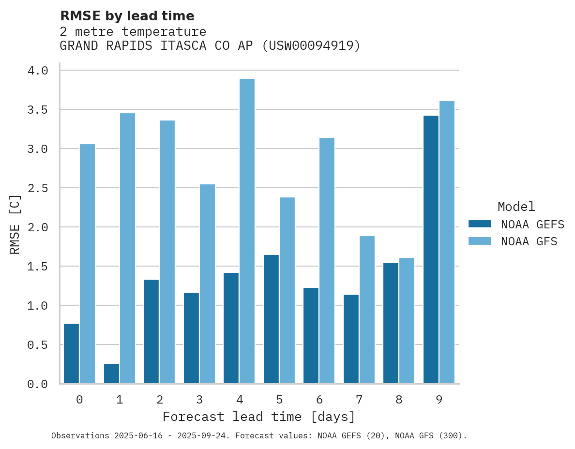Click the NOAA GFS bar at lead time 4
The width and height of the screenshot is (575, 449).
(x=247, y=231)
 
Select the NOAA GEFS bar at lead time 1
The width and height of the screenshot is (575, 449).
(x=111, y=374)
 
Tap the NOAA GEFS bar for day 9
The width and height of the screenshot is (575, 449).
(x=431, y=250)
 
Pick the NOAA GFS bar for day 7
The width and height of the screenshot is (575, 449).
(x=367, y=310)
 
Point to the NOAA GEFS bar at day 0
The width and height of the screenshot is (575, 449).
(x=71, y=353)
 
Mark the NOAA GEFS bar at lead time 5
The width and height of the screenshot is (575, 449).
(x=271, y=319)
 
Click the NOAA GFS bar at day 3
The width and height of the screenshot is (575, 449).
(x=207, y=284)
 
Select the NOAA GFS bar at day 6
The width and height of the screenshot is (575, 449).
(x=327, y=261)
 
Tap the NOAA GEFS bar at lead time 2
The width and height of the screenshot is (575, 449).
(x=151, y=331)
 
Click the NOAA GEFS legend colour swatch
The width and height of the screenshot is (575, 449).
(x=480, y=224)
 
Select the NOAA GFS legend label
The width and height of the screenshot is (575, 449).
(x=529, y=241)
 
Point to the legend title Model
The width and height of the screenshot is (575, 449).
(x=516, y=207)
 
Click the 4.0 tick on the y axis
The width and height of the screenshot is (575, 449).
(x=38, y=71)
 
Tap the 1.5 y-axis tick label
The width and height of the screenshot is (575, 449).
(x=38, y=267)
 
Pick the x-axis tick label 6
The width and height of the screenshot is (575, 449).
(x=319, y=400)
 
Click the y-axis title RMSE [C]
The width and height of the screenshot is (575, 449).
(x=15, y=224)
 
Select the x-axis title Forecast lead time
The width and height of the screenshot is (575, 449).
(x=258, y=417)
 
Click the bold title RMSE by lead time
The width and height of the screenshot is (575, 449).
(x=127, y=16)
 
